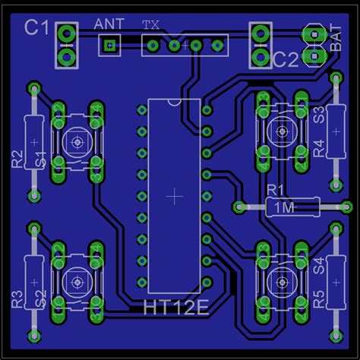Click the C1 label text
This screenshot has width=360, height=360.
[36, 29]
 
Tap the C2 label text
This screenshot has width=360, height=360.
[287, 59]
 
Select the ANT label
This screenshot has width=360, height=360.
[108, 23]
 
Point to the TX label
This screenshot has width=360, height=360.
[151, 24]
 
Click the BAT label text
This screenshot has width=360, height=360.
[336, 39]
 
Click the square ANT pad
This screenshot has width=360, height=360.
[109, 46]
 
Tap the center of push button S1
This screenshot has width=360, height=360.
[76, 141]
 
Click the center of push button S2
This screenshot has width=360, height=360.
[76, 281]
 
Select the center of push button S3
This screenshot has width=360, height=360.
[282, 132]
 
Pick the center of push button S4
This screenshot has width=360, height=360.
[282, 280]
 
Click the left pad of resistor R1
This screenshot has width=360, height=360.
[238, 206]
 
